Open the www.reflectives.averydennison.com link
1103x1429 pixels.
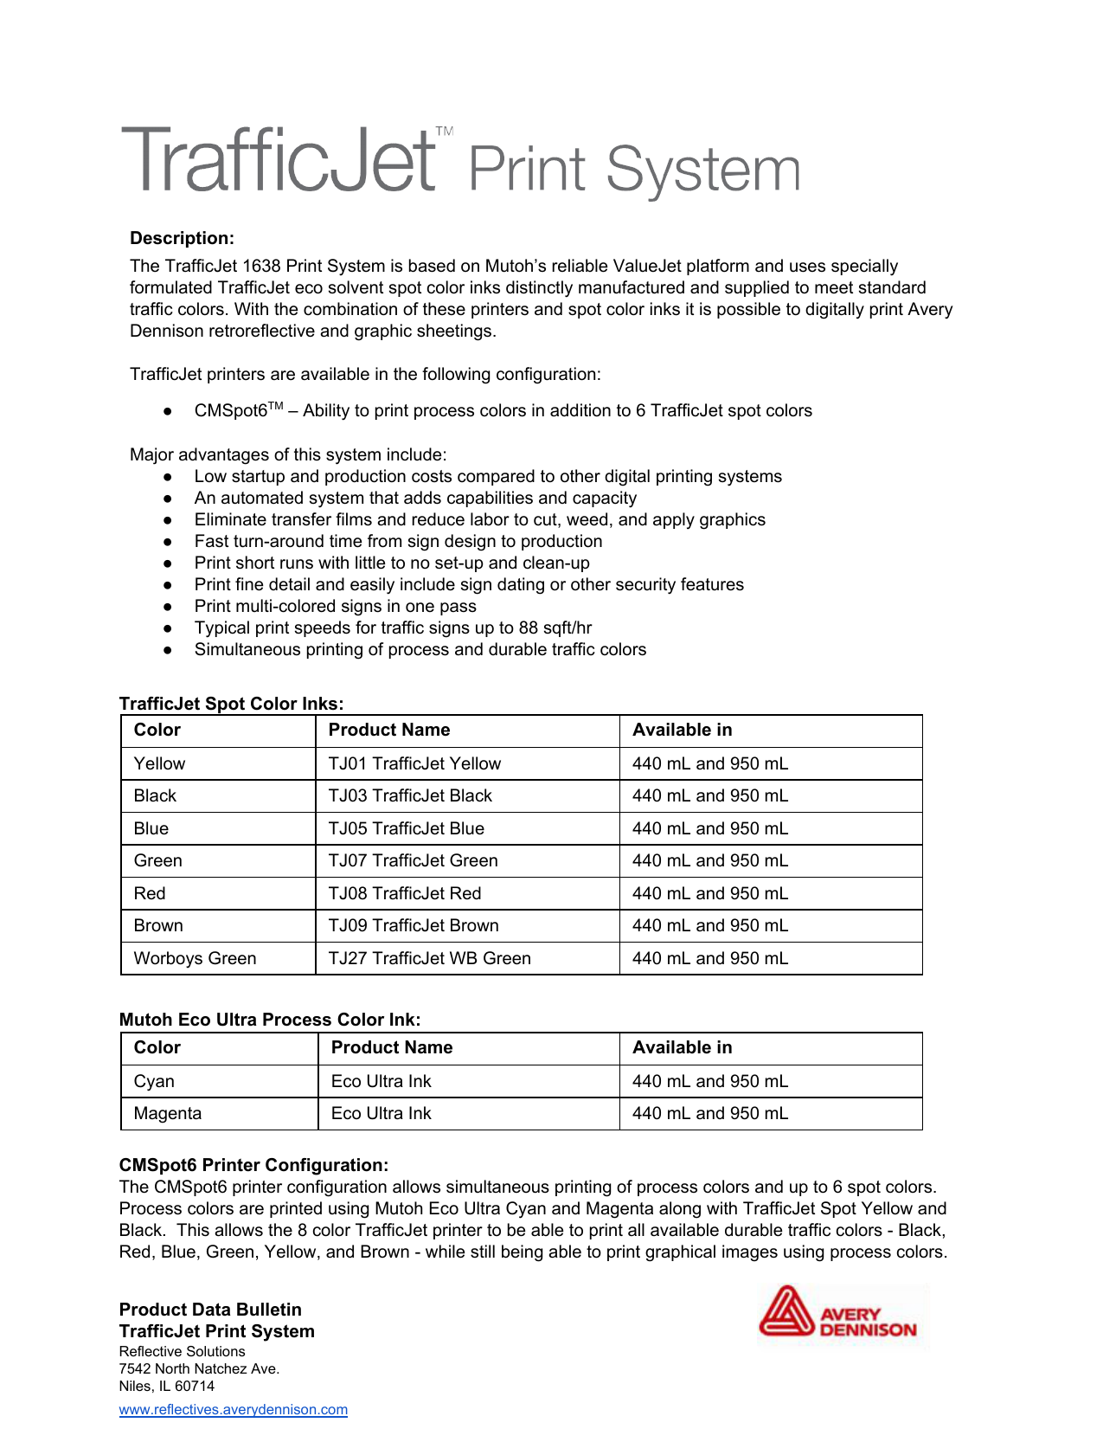pos(234,1409)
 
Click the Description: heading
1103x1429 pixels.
pos(182,238)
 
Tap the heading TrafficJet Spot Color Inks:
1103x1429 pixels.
pos(231,704)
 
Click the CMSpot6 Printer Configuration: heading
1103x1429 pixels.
pos(253,1165)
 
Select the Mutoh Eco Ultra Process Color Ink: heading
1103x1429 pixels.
pos(270,1020)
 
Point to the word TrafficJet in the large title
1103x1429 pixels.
pos(279,161)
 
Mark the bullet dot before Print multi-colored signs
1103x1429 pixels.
pos(168,607)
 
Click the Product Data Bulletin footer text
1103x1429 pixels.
pos(210,1310)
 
